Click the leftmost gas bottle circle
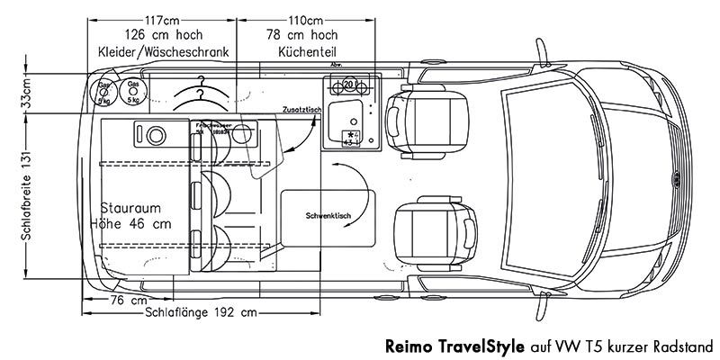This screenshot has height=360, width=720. click(104, 93)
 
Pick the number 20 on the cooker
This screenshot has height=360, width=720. click(348, 85)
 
